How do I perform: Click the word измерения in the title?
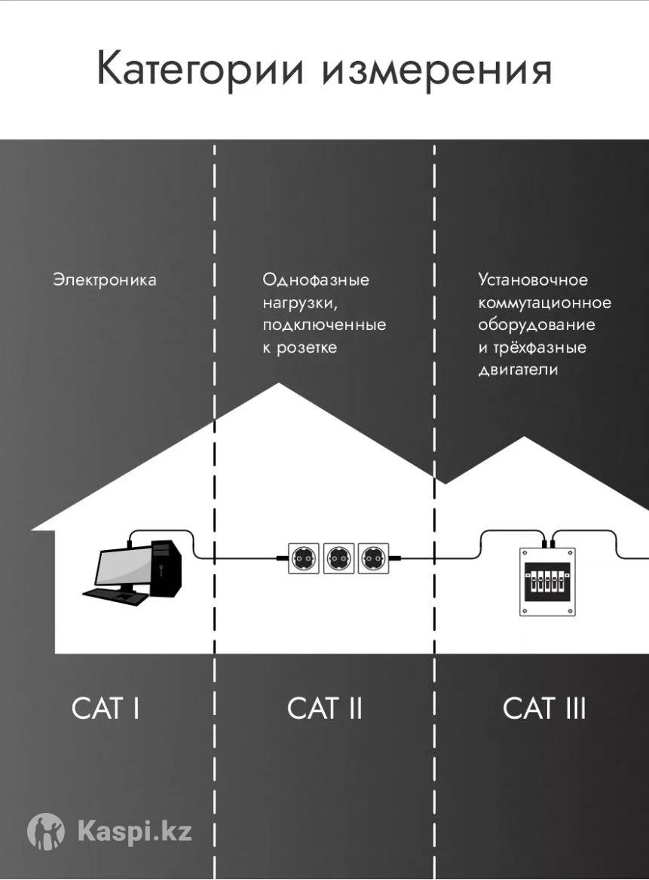click(x=436, y=70)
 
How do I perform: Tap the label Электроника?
click(x=105, y=280)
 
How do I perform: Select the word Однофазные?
click(x=316, y=280)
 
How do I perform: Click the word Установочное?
click(x=533, y=280)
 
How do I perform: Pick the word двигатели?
click(x=518, y=371)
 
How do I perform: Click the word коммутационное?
click(x=544, y=303)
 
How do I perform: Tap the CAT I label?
click(x=106, y=708)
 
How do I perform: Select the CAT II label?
click(x=325, y=708)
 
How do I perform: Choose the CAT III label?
click(x=544, y=708)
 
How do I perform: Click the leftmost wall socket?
click(x=304, y=558)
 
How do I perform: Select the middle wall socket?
click(x=338, y=558)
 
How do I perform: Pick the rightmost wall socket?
click(x=373, y=558)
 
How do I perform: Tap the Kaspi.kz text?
click(x=135, y=832)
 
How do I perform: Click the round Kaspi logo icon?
click(x=46, y=832)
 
